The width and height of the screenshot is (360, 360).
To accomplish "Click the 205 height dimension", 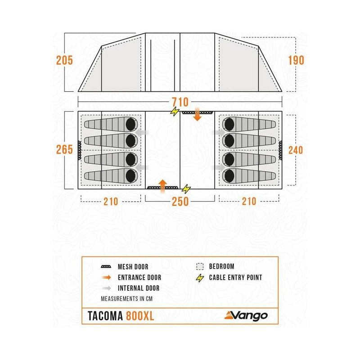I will click(x=65, y=60).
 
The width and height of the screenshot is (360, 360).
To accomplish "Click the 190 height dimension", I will click(x=296, y=60).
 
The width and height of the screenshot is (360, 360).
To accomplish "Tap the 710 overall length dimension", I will click(x=180, y=102).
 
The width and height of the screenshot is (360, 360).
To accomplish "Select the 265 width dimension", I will click(x=65, y=150).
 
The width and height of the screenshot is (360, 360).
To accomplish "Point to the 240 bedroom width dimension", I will click(x=296, y=150).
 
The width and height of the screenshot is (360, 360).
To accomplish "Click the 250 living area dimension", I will click(x=180, y=201).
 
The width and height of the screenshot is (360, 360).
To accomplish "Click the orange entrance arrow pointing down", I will click(x=197, y=117).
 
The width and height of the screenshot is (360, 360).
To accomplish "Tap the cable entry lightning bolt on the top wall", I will click(x=175, y=112).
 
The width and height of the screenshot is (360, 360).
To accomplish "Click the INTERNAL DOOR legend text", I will click(x=138, y=288).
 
